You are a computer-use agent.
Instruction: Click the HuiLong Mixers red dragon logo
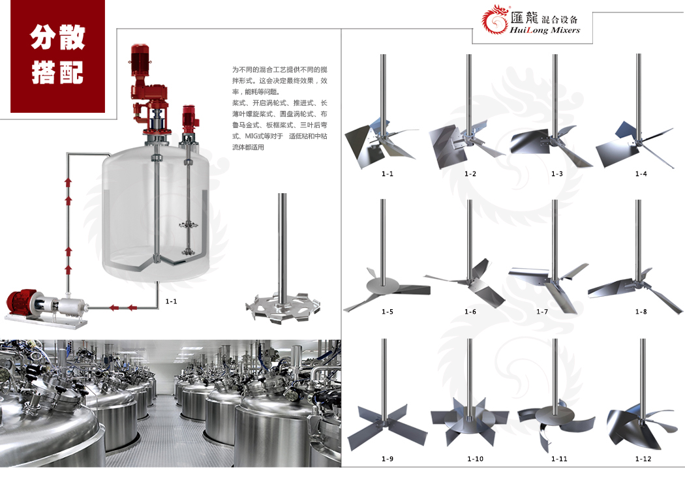pos(495,19)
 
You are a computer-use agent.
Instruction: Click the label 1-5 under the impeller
pos(387,312)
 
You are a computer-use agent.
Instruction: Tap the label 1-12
pos(643,459)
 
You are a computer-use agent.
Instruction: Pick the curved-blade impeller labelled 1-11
pos(556,419)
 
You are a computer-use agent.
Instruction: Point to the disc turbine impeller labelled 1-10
pos(470,420)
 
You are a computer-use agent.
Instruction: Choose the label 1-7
pos(542,312)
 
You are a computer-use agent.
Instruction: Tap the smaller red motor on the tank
pos(190,119)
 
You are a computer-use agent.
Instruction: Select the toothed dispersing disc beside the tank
pos(283,307)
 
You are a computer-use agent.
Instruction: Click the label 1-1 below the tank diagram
pos(171,301)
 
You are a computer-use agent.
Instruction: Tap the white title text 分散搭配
pos(57,54)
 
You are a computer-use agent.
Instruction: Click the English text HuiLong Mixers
pos(545,30)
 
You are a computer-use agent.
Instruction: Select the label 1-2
pos(470,174)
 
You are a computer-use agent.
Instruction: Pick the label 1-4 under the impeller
pos(641,174)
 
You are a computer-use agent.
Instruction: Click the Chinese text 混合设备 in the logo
pos(559,19)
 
